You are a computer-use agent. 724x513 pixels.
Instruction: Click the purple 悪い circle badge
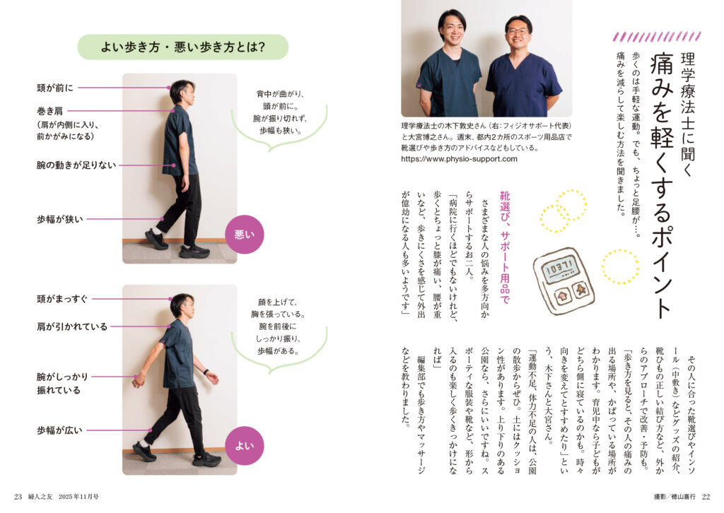[244, 235]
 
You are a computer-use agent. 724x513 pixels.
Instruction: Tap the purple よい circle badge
[244, 446]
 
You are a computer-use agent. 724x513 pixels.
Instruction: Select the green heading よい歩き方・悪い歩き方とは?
[183, 47]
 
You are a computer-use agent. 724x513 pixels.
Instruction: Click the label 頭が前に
[55, 88]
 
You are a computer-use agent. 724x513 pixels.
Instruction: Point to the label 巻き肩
[50, 111]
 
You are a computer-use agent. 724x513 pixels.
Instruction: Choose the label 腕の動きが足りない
[76, 165]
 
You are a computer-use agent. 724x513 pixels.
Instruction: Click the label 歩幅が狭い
[60, 219]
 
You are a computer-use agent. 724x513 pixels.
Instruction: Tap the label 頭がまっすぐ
[62, 299]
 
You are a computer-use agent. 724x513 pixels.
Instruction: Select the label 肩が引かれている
[72, 326]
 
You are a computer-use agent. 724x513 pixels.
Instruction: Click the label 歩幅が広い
[60, 430]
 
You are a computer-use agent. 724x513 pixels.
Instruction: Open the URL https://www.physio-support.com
[459, 159]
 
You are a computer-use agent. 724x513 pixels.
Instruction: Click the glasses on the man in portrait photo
[518, 32]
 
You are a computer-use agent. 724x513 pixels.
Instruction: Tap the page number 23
[18, 497]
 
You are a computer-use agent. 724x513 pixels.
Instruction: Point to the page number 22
[706, 497]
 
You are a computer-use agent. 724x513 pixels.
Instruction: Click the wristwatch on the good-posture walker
[206, 372]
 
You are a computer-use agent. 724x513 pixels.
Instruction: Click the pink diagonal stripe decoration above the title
[657, 37]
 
